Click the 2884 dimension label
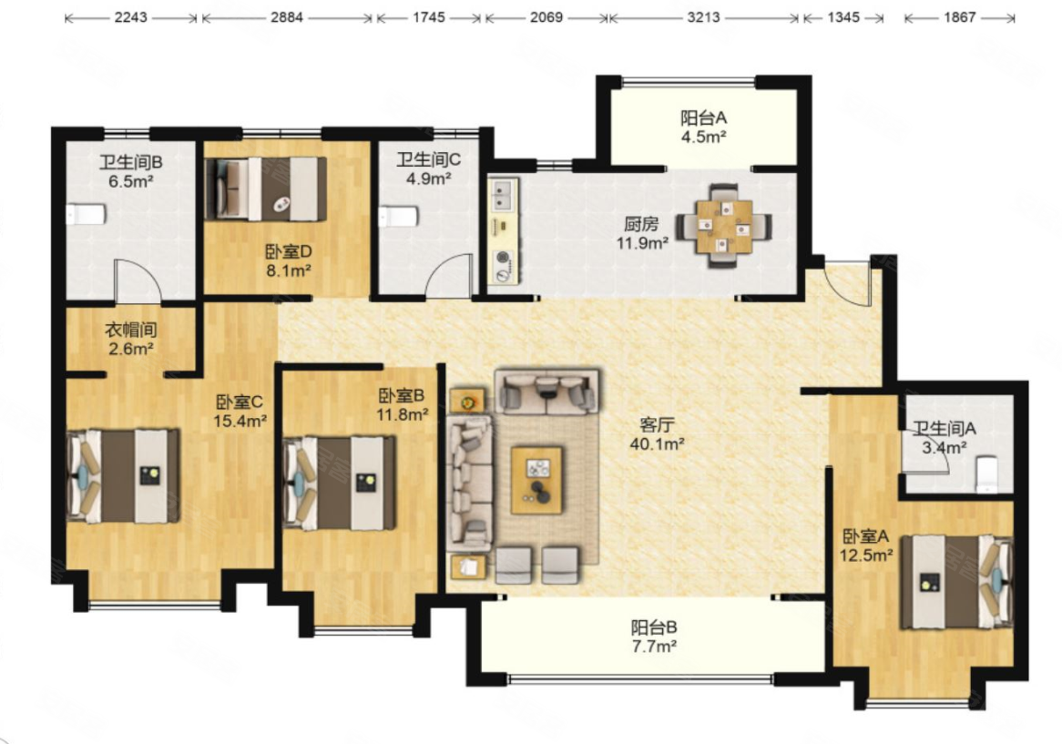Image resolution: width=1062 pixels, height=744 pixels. [287, 17]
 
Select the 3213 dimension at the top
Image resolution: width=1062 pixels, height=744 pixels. [703, 17]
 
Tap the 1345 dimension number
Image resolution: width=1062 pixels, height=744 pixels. [843, 17]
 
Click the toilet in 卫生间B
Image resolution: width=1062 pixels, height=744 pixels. [86, 215]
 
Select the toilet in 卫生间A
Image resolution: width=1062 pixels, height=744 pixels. [986, 474]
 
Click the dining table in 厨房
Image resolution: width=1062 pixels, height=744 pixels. [725, 226]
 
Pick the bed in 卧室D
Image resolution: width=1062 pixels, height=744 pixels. [266, 189]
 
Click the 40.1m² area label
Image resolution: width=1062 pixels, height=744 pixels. [657, 444]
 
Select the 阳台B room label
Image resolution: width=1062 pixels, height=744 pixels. [654, 627]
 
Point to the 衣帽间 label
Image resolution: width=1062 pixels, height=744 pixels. [131, 330]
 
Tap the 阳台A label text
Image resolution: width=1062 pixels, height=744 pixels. [704, 117]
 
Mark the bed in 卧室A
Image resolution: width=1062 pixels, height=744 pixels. [956, 582]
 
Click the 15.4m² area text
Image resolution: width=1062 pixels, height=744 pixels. [240, 421]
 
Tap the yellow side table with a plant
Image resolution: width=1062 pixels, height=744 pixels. [467, 402]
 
